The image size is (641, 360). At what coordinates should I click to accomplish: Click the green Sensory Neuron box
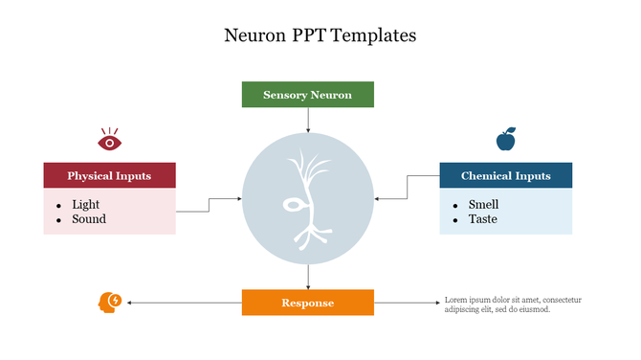coord(307,95)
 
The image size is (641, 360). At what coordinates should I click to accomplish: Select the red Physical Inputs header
coord(109,176)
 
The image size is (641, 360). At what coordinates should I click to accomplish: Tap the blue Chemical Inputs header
coord(505,176)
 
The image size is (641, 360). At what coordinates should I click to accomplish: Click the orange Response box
coord(307,303)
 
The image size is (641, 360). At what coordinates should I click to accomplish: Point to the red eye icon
coord(110,142)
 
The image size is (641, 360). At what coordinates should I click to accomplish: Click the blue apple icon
coord(505,140)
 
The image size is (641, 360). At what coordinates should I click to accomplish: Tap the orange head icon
coord(110,303)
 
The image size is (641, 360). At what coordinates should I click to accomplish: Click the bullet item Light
coord(85,204)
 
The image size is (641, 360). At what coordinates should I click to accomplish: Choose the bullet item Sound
coord(88,219)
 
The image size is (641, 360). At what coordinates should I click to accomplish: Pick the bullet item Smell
coord(483,204)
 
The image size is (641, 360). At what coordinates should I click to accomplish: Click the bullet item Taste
coord(482,219)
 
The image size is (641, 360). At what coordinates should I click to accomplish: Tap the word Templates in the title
coord(376,36)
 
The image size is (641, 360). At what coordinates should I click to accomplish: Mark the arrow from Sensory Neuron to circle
coord(308,120)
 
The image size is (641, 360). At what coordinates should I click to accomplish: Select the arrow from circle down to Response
coord(308,277)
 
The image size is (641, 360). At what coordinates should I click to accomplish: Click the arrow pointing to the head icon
coord(182,303)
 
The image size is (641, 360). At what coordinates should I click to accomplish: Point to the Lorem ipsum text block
coord(512,304)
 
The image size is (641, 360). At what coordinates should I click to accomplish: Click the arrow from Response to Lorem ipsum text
coord(407,303)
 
